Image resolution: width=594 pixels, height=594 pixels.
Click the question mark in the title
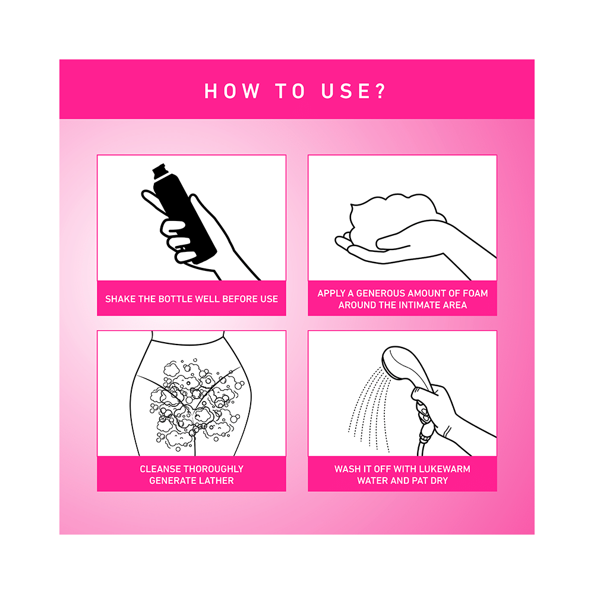coord(380,91)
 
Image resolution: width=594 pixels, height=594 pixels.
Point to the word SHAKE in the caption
coord(121,299)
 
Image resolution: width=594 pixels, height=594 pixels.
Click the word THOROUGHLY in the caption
coord(214,469)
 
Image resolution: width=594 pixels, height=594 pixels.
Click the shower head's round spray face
coord(393,362)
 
